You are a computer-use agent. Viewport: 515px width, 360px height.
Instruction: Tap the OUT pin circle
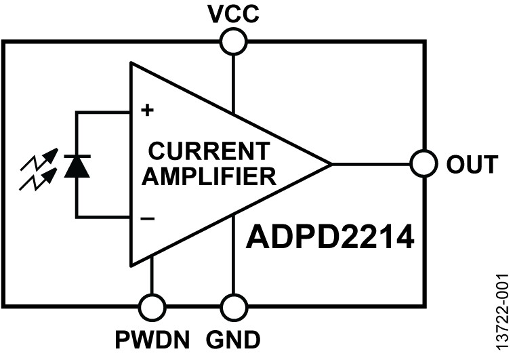(424, 163)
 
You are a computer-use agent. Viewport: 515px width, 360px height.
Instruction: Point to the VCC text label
(232, 14)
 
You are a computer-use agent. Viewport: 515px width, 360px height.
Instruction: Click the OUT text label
(472, 164)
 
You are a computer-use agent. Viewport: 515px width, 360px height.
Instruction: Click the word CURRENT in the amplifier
(209, 150)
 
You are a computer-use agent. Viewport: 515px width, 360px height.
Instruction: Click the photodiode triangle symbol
(77, 165)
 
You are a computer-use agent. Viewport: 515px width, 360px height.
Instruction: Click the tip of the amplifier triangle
(329, 164)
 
